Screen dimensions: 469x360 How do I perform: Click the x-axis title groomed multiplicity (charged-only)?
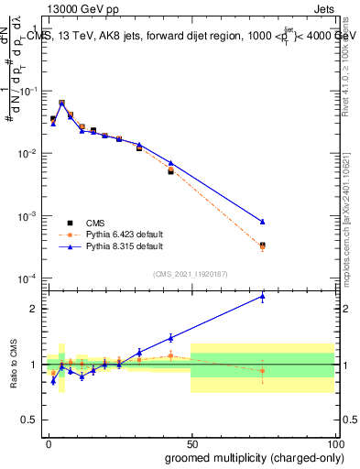click(249, 456)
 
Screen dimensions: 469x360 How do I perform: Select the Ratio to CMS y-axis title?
click(13, 363)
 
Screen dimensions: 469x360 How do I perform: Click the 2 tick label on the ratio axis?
click(35, 309)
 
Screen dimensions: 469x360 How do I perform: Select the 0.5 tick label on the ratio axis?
click(32, 420)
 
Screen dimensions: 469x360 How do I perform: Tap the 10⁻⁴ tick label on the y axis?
click(29, 278)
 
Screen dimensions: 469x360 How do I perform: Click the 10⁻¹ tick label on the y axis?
click(29, 92)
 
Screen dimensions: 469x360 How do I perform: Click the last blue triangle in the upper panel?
click(262, 222)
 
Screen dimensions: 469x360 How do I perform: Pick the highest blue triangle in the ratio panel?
click(262, 296)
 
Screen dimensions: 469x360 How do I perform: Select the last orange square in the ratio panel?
click(262, 371)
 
